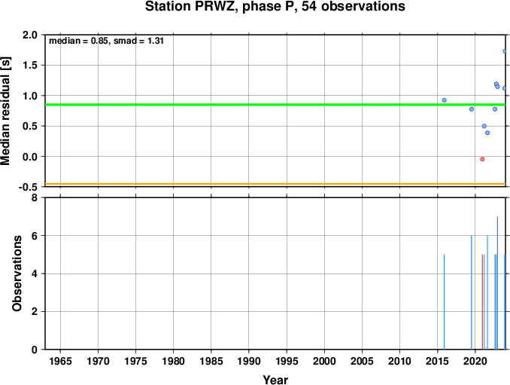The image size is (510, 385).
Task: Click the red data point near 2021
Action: tap(482, 159)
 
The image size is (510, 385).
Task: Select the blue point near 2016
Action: tap(444, 100)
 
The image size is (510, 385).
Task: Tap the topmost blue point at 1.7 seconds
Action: tap(505, 51)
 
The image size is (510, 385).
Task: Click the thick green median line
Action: tap(275, 105)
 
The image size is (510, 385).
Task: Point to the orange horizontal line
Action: tap(275, 185)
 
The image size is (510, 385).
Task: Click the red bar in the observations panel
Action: tap(482, 302)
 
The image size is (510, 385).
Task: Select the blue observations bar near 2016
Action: tap(444, 302)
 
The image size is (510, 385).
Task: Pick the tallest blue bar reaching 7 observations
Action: tap(497, 283)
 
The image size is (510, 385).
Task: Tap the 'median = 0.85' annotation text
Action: tap(78, 41)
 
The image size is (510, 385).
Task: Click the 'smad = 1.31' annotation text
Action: tap(138, 41)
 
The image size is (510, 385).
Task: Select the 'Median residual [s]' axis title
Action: tap(5, 111)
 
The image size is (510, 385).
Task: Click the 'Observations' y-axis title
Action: tap(17, 273)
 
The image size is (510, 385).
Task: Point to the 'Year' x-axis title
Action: tap(275, 380)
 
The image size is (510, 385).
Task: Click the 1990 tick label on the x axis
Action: tap(249, 361)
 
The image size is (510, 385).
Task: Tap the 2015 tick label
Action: tap(437, 361)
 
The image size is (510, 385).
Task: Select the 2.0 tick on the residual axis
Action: tap(30, 35)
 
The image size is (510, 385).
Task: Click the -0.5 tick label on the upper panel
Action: tap(28, 187)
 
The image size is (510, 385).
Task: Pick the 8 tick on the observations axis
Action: tap(35, 197)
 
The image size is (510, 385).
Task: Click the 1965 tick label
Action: tap(60, 361)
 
